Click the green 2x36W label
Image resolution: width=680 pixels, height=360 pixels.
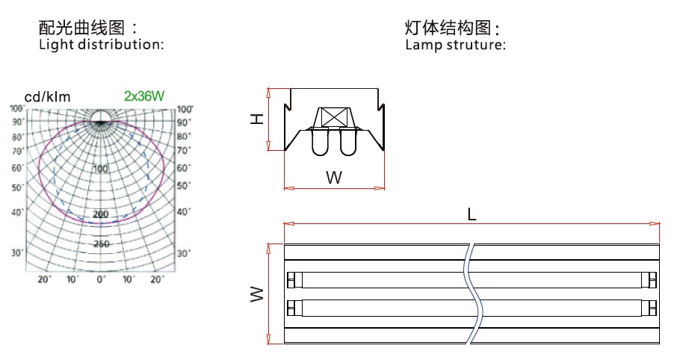(x=144, y=96)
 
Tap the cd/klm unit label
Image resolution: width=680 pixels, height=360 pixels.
(x=47, y=97)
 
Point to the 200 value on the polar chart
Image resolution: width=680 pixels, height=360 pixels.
(x=101, y=214)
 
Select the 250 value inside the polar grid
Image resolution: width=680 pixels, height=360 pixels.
(x=101, y=244)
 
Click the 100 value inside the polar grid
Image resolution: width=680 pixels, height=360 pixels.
(x=101, y=169)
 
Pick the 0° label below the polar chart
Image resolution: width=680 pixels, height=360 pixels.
(x=101, y=279)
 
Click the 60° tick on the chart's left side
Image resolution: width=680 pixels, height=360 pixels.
(x=17, y=167)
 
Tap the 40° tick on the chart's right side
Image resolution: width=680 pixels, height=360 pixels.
(x=183, y=212)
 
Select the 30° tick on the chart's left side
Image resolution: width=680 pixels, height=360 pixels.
(x=17, y=252)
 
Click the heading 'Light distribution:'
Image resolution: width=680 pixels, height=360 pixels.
(x=102, y=45)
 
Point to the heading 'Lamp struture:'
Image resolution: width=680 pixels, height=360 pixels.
(x=455, y=45)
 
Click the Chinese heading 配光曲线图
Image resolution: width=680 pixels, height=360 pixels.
(x=82, y=28)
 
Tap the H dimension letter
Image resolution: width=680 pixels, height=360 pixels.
(x=257, y=119)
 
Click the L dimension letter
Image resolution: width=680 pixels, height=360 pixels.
(x=472, y=214)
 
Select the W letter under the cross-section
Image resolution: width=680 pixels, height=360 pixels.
(x=334, y=178)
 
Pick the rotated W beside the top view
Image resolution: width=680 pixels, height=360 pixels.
(x=257, y=294)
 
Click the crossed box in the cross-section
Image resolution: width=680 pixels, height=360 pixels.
(x=334, y=117)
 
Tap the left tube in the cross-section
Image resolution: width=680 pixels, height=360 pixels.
(x=320, y=142)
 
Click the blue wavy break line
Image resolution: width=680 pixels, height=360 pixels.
(x=474, y=294)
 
